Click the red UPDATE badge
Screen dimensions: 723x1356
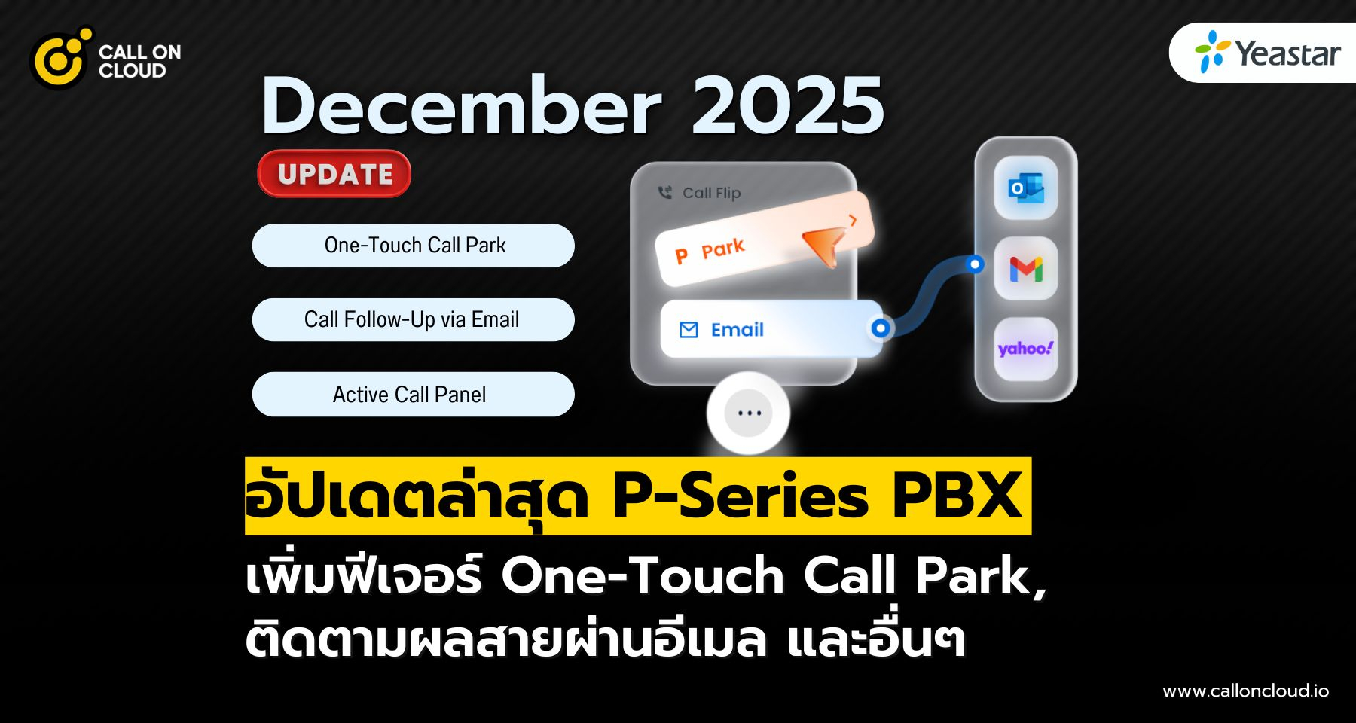pos(334,174)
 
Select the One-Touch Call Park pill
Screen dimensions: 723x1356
pos(414,246)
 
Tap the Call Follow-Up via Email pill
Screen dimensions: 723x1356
pos(414,319)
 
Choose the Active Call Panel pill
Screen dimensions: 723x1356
pos(414,394)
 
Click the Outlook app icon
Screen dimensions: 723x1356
pos(1025,188)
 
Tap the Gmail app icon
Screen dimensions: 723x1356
pos(1026,269)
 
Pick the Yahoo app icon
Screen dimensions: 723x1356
pos(1025,349)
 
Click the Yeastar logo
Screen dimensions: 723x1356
pos(1267,53)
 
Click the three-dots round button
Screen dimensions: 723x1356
pos(748,413)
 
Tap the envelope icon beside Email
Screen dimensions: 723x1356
pos(689,330)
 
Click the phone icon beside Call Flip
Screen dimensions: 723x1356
pos(665,193)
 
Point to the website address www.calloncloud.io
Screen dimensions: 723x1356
pos(1245,691)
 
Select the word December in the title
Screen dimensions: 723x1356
pos(461,106)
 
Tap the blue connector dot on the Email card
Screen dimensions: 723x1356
pos(880,328)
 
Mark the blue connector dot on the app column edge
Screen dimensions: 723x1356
pos(976,264)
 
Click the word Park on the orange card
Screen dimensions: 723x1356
pos(722,248)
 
